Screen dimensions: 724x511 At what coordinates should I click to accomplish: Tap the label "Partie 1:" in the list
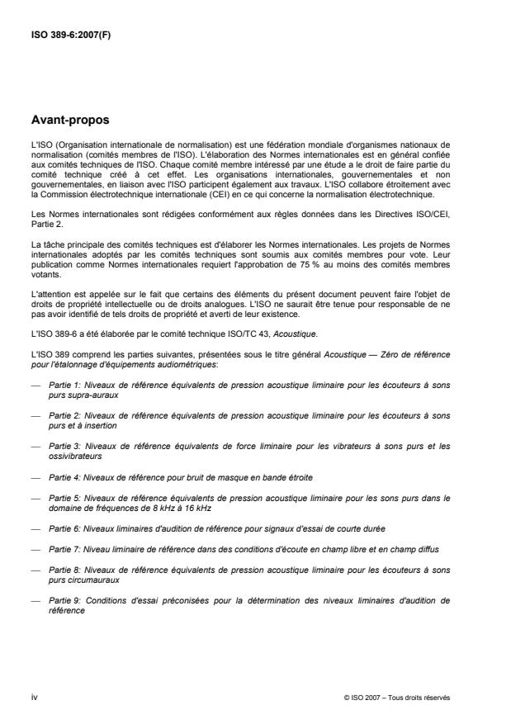[x=64, y=386]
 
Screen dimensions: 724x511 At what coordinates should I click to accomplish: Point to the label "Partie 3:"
[x=64, y=446]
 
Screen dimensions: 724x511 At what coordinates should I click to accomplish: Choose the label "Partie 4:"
[x=64, y=476]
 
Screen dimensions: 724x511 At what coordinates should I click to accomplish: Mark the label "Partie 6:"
[x=64, y=526]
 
